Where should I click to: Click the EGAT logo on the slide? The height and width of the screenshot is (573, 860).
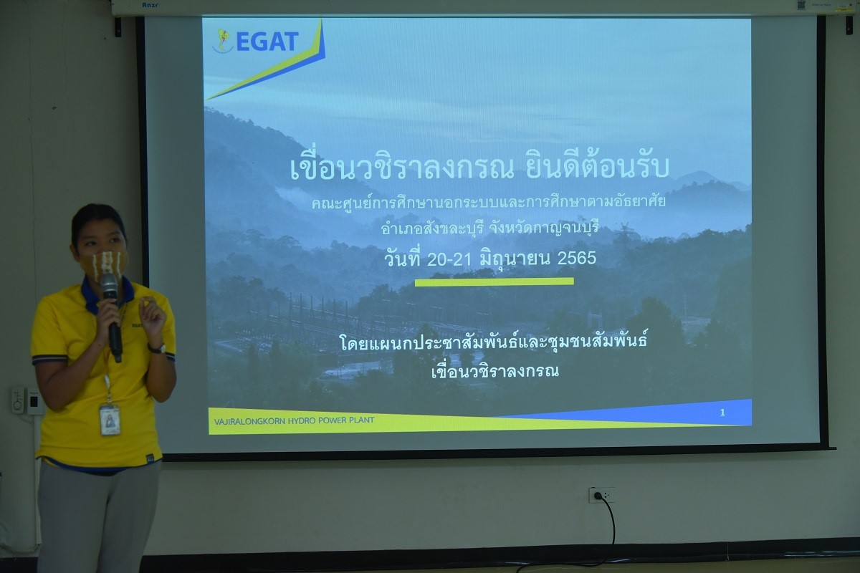tap(256, 41)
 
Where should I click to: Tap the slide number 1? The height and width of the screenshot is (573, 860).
tap(722, 413)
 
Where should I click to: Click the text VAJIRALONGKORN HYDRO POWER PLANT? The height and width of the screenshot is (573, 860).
tap(294, 420)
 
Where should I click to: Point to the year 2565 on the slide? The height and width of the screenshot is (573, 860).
tap(577, 258)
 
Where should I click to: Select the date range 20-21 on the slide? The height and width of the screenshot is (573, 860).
tap(449, 259)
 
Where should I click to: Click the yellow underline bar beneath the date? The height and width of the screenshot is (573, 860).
tap(494, 281)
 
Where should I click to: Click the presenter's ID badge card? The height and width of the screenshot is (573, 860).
tap(110, 420)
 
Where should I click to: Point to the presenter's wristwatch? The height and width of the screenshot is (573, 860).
tap(157, 349)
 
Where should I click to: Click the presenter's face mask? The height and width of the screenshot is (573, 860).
tap(104, 264)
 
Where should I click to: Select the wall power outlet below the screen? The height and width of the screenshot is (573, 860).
tap(601, 495)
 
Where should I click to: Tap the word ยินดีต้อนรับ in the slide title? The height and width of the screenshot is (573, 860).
tap(597, 168)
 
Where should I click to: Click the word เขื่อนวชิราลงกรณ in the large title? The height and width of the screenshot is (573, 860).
tap(401, 168)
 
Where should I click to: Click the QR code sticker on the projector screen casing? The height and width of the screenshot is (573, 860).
tap(801, 5)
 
